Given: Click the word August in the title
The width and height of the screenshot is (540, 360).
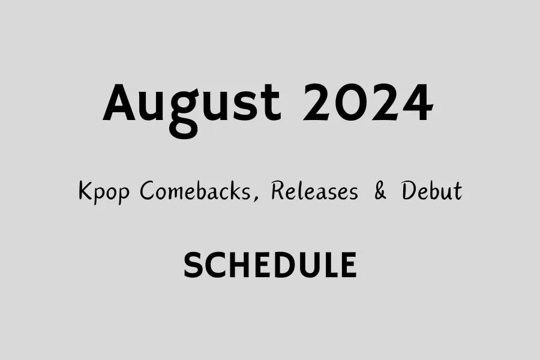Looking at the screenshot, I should tap(191, 103).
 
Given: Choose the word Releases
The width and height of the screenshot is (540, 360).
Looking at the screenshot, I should tap(314, 192).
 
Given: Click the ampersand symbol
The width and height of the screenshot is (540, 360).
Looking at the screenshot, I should tap(380, 192).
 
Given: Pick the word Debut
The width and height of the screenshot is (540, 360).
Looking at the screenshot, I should tap(431, 192).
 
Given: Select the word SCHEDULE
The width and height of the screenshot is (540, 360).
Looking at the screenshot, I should tap(270, 265).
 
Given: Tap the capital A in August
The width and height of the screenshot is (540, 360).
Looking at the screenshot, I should tap(122, 103).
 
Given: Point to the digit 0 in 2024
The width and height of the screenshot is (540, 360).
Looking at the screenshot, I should tap(350, 103).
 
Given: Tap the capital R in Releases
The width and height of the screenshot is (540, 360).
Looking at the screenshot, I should tap(278, 192).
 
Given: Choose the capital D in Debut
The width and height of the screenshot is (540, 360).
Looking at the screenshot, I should tap(409, 192).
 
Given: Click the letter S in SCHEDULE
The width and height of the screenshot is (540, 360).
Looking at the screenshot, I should tap(193, 265).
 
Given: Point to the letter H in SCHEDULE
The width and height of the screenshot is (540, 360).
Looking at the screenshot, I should tap(239, 265).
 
